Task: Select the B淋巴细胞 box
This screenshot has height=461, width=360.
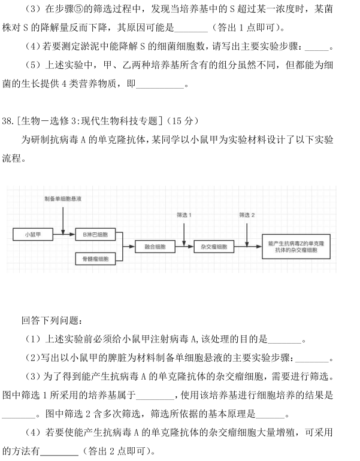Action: (95, 234)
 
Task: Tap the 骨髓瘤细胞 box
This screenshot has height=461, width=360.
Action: (95, 259)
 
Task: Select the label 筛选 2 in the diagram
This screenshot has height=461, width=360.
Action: (247, 215)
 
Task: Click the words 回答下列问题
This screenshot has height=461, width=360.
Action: (52, 321)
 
